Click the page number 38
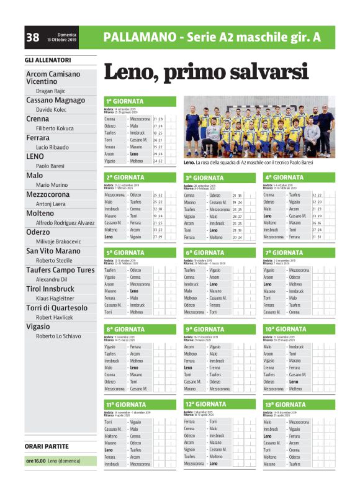(33, 37)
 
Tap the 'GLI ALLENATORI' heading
(48, 60)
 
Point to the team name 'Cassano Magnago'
(55, 100)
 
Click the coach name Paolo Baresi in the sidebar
(50, 166)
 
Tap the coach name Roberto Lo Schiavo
(58, 335)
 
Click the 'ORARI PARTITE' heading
(47, 446)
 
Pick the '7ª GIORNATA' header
(283, 253)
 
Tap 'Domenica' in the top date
(67, 34)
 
